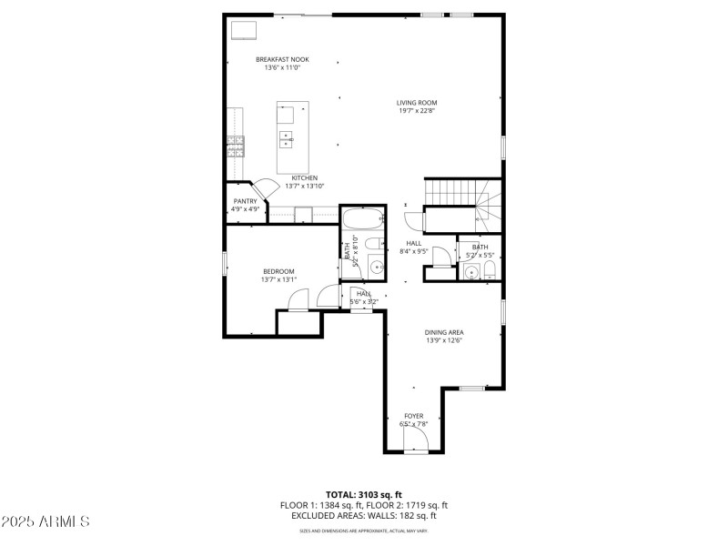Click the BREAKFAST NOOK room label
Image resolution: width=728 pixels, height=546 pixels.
coord(281,59)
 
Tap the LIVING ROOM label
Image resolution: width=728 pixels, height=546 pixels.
coord(417,103)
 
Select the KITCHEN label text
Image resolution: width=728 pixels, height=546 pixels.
coord(304,177)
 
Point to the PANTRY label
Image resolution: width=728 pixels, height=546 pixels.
coord(245,201)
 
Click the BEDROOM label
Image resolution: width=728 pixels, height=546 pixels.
coord(278,271)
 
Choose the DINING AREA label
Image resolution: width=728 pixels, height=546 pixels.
coord(444,332)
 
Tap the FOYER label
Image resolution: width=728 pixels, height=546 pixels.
coord(414,416)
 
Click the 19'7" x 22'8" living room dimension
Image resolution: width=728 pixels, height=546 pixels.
coord(417,112)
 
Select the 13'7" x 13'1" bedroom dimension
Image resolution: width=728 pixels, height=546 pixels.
coord(278,280)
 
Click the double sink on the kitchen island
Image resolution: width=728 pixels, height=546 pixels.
coord(286,139)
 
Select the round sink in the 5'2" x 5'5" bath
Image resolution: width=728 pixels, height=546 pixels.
coord(470,272)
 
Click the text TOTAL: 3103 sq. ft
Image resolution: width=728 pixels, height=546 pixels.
coord(364,494)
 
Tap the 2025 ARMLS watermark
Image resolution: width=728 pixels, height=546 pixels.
coord(45,522)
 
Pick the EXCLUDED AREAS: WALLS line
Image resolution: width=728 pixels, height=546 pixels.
coord(364,515)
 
